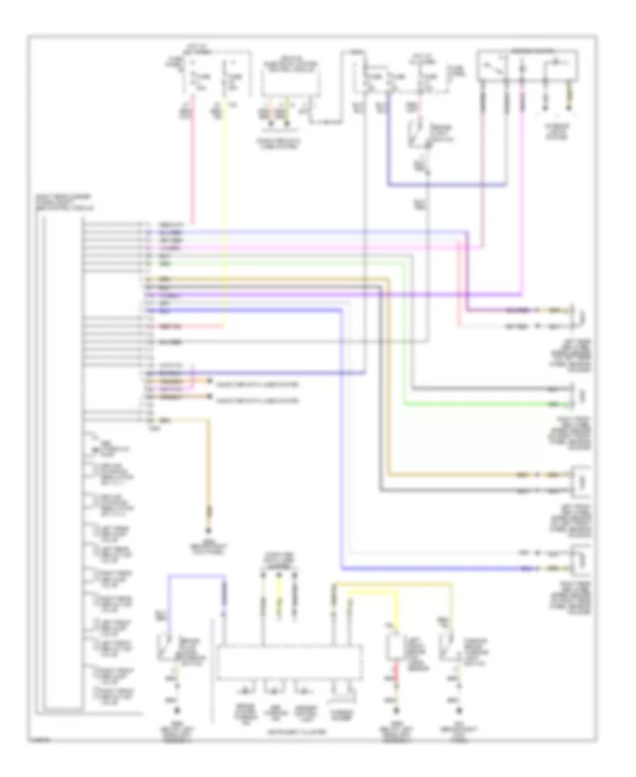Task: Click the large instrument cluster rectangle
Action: click(x=290, y=662)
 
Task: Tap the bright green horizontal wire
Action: click(x=481, y=405)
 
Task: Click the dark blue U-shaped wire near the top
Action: click(x=445, y=186)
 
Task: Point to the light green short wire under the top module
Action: click(x=288, y=113)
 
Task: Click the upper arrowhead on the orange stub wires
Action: click(x=210, y=381)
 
